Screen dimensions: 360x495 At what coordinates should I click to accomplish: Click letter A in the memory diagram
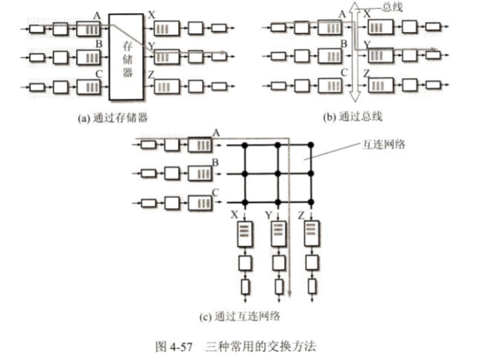tap(98, 15)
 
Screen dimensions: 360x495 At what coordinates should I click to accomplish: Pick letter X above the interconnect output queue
tap(233, 215)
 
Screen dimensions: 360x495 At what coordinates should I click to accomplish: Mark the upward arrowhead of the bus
tap(356, 8)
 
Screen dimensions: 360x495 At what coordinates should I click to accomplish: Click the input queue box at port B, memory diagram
tap(87, 57)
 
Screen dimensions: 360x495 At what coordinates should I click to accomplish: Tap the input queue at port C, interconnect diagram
tap(198, 201)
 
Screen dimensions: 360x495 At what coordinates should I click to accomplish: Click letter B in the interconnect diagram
tap(215, 163)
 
